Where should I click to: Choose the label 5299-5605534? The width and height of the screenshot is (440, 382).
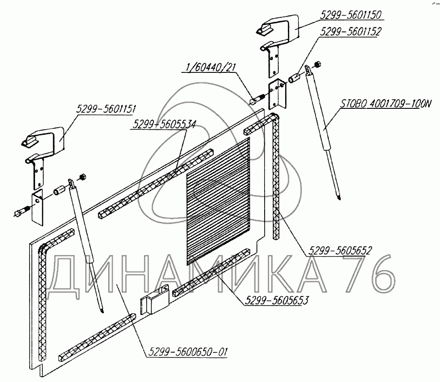click(x=164, y=124)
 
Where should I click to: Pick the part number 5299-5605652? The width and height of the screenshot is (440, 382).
click(x=341, y=250)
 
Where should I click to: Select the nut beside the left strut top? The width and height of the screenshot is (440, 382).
click(x=82, y=176)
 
